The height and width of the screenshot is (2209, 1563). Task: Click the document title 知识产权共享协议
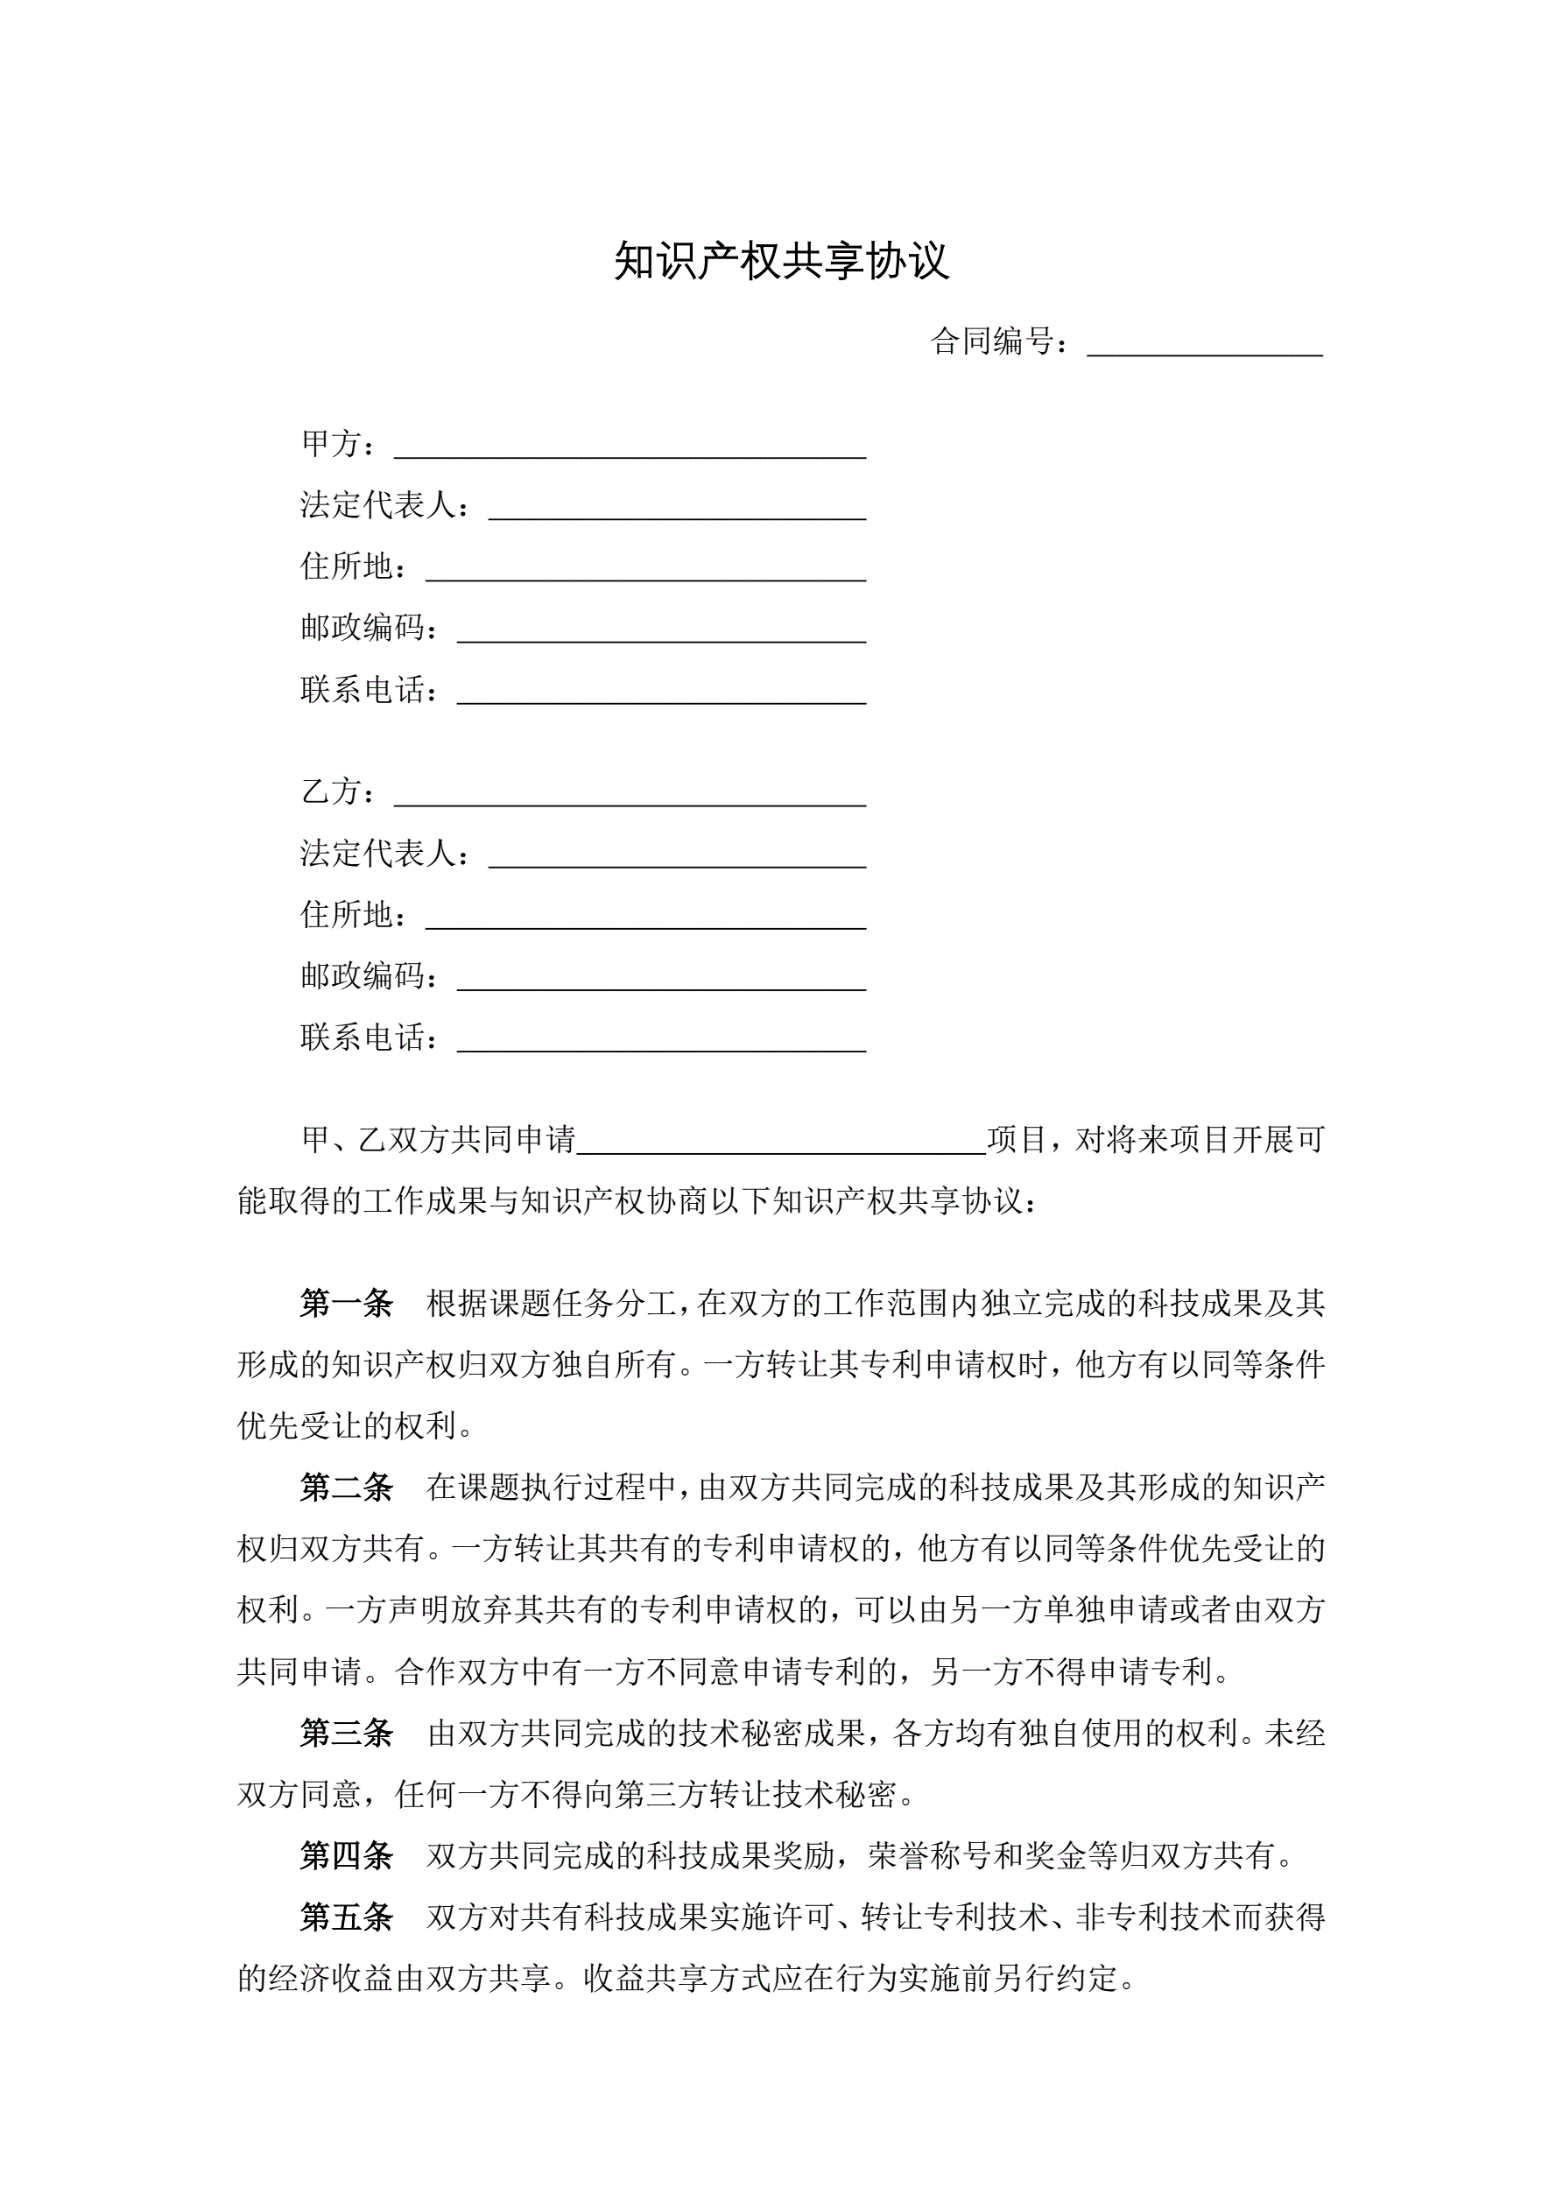(781, 261)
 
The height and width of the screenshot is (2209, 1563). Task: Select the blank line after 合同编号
(1204, 347)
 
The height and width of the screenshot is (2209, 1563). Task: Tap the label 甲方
(331, 444)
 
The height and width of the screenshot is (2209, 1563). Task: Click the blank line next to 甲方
(630, 448)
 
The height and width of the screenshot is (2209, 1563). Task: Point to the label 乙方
(331, 791)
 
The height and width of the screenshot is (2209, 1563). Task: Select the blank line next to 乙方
(630, 797)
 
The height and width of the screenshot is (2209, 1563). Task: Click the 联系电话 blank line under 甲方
(661, 694)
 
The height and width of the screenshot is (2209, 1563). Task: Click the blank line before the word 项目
(780, 1144)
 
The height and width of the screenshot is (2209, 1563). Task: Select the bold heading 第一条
(347, 1304)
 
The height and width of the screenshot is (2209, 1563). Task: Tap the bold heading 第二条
(347, 1488)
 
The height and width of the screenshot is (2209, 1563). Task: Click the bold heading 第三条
(347, 1734)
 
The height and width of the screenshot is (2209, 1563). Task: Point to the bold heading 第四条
(347, 1856)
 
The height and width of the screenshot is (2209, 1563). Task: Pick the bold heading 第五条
(347, 1917)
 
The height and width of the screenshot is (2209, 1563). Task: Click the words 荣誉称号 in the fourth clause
(929, 1856)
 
